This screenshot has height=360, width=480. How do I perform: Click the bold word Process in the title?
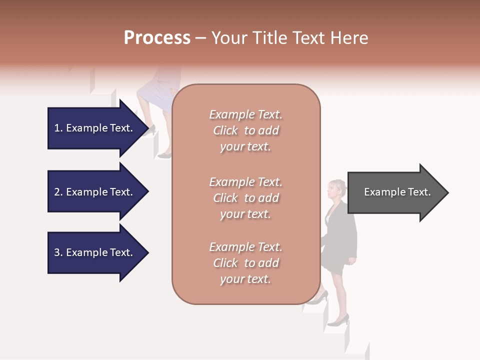[157, 38]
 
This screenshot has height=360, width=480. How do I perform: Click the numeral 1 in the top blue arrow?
[57, 128]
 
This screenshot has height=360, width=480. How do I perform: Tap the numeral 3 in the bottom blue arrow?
[57, 252]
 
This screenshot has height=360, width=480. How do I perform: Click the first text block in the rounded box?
[245, 130]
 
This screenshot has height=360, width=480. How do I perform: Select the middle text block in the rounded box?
[245, 198]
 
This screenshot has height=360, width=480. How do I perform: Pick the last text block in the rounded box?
[245, 263]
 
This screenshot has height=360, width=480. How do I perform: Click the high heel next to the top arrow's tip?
[148, 131]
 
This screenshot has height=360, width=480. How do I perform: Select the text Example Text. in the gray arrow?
[397, 192]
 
